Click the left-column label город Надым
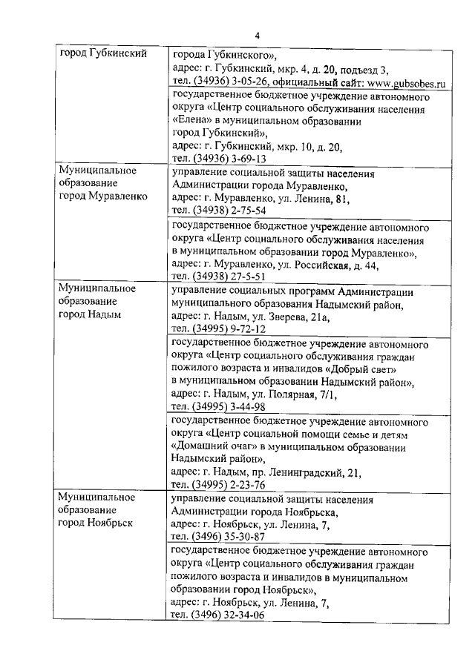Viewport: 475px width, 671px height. tap(88, 314)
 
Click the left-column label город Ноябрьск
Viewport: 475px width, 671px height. tap(96, 523)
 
